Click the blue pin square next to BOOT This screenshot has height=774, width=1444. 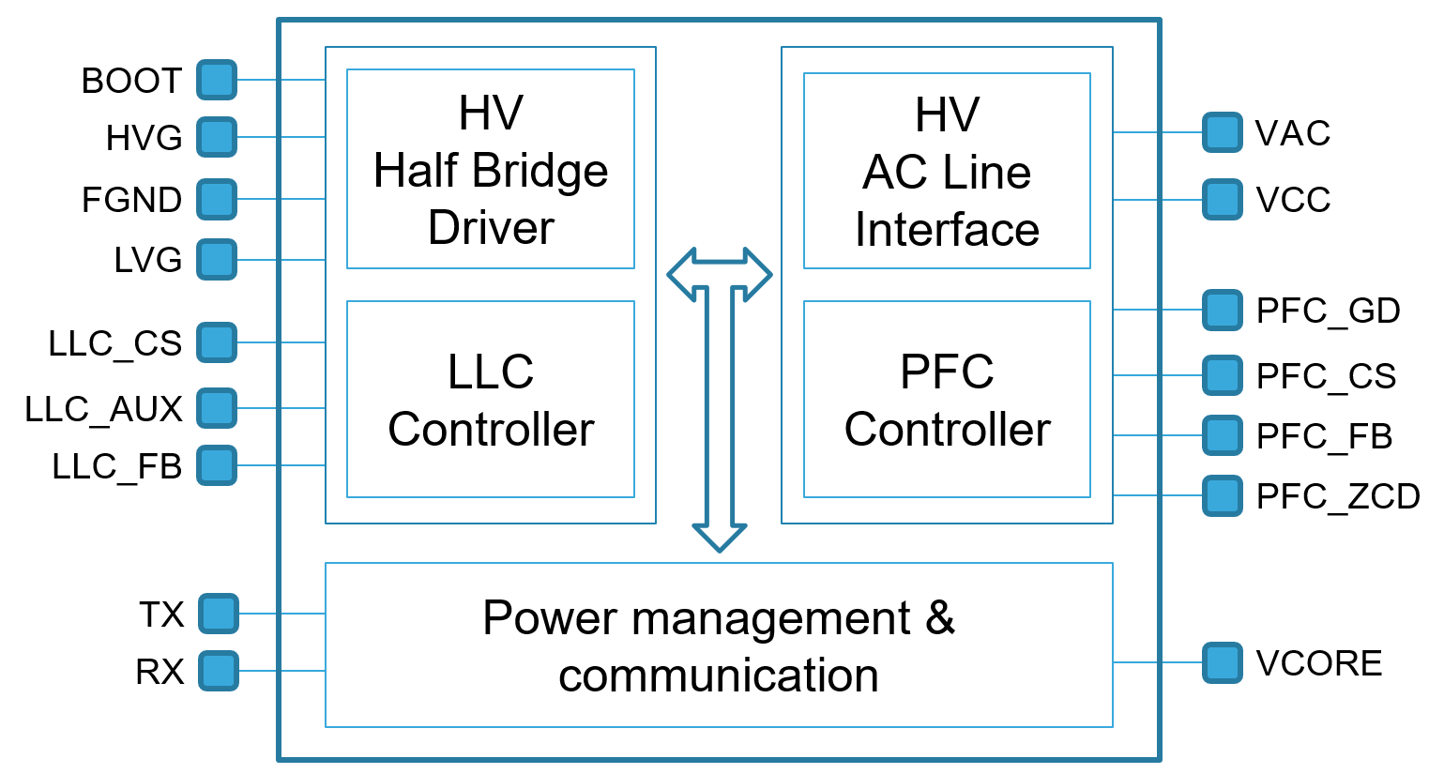point(217,80)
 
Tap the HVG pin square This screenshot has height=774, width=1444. point(217,137)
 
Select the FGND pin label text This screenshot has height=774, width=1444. point(131,200)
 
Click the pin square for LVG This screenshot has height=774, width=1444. point(217,260)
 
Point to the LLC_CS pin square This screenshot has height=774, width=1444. point(217,342)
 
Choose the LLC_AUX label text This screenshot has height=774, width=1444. point(103,409)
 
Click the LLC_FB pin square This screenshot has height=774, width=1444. point(217,465)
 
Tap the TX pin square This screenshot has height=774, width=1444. point(219,614)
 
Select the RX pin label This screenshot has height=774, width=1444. point(160,672)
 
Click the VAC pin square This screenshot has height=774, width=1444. point(1223,132)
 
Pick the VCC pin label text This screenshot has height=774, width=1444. point(1293,200)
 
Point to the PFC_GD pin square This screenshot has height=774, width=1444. point(1223,310)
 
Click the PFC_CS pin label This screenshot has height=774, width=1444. point(1326,376)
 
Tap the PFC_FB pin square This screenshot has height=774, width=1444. point(1223,435)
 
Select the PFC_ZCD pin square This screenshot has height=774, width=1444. point(1223,495)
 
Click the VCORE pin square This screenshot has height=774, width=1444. point(1223,662)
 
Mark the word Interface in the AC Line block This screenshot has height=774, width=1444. point(947,230)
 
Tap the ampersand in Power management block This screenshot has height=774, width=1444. point(939,618)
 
